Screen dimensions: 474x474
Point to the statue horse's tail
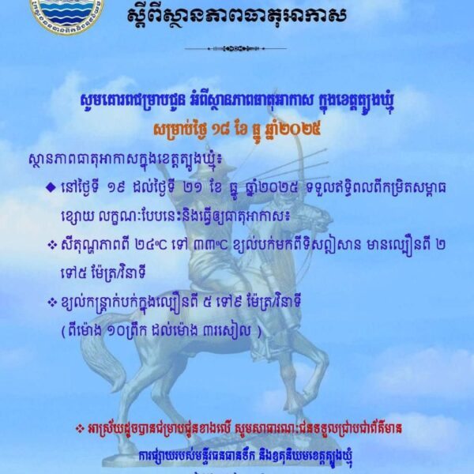pyautogui.click(x=103, y=367)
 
